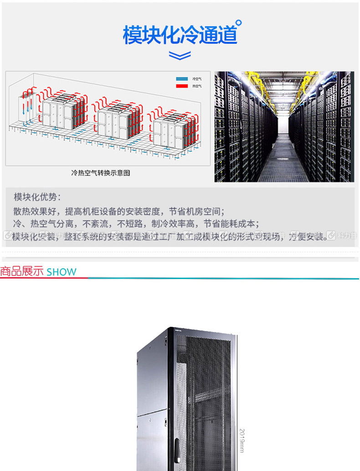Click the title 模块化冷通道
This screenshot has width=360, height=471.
click(x=180, y=35)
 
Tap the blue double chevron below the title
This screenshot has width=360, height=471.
click(x=180, y=56)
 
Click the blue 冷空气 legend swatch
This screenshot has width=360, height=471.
click(x=182, y=79)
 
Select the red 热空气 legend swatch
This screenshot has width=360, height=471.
click(x=182, y=86)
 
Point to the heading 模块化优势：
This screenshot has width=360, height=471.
click(x=37, y=197)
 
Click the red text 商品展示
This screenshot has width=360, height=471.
click(x=22, y=272)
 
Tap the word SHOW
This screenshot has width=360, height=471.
click(x=62, y=272)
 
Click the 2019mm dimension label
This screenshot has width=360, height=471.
click(x=242, y=440)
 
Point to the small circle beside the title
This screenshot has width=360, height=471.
click(x=239, y=22)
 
